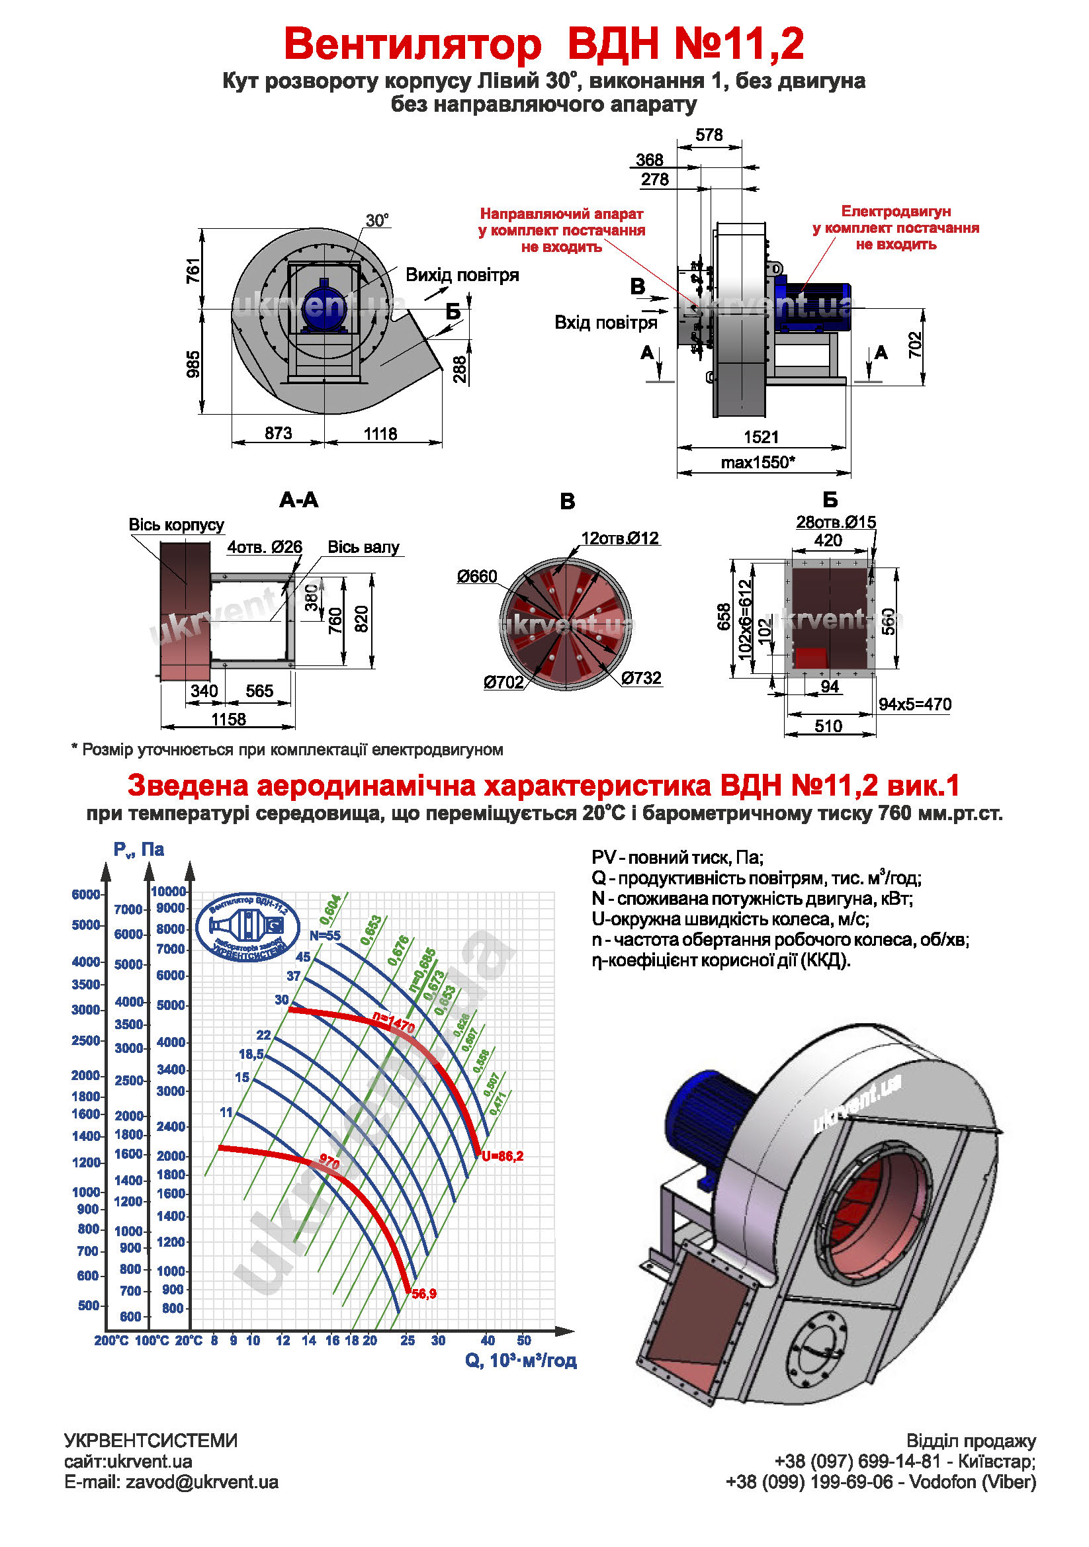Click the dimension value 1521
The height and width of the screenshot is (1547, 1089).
click(x=761, y=437)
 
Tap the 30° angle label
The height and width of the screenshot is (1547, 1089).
click(x=376, y=220)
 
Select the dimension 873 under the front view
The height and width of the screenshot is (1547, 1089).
click(x=279, y=433)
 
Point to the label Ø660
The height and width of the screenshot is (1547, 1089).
click(x=476, y=576)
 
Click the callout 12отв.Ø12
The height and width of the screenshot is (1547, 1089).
click(x=620, y=538)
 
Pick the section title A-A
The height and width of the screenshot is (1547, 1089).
click(x=298, y=500)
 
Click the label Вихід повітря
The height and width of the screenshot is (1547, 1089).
click(x=462, y=275)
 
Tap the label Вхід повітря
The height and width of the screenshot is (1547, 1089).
click(x=605, y=323)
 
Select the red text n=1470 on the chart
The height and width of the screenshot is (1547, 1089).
click(x=394, y=1023)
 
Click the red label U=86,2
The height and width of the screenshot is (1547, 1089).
click(x=502, y=1156)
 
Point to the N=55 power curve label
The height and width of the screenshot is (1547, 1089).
click(x=325, y=936)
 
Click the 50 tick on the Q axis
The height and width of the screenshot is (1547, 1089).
click(x=523, y=1340)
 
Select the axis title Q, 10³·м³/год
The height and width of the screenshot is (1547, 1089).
click(x=520, y=1360)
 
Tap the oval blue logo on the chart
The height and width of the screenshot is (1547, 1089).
click(x=248, y=927)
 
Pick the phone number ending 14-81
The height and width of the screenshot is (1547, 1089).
click(x=857, y=1461)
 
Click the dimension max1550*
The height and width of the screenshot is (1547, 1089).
click(x=758, y=462)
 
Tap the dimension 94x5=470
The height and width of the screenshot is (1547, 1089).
click(x=914, y=704)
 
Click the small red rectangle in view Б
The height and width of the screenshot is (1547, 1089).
click(x=810, y=657)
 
